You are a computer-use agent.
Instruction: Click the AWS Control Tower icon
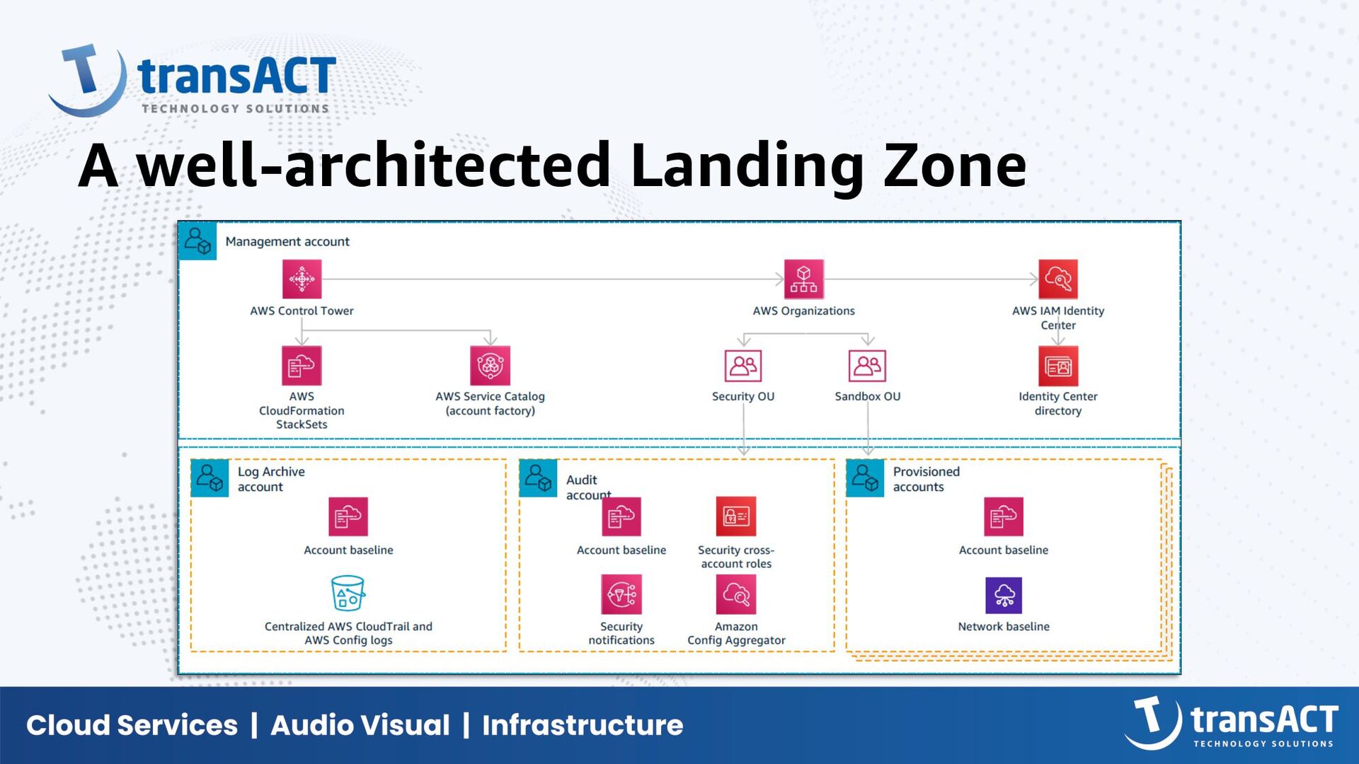tap(302, 279)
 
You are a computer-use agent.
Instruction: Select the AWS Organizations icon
tap(803, 279)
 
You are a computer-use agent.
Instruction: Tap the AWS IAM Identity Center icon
tap(1057, 279)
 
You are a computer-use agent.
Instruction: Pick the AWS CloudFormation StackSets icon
tap(302, 365)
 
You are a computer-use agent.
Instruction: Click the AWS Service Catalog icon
tap(490, 365)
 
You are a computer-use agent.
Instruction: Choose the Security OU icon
tap(742, 365)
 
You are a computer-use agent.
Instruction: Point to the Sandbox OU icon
tap(867, 365)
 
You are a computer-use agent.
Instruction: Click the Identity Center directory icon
tap(1057, 365)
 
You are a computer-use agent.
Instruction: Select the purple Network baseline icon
tap(1003, 595)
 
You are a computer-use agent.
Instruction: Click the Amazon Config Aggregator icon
tap(735, 594)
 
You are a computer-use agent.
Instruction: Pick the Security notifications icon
tap(621, 594)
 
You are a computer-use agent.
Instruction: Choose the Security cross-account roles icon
tap(735, 516)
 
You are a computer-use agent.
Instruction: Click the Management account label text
tap(287, 241)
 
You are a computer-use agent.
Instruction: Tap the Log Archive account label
tap(270, 479)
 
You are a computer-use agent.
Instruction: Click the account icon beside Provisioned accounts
tap(865, 478)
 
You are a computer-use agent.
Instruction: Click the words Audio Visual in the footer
tap(360, 725)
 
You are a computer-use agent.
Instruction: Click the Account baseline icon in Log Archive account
tap(348, 516)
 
